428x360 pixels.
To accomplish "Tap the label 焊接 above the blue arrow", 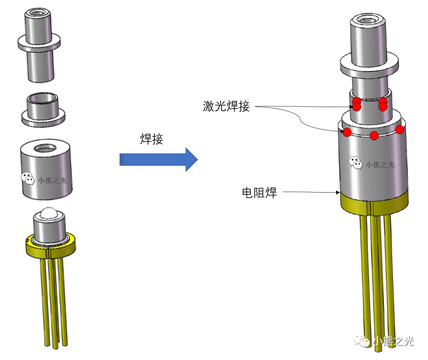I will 152,139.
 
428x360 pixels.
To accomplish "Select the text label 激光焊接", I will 226,106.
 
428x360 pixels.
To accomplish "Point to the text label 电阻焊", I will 259,192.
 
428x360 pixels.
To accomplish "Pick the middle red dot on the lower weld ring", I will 374,136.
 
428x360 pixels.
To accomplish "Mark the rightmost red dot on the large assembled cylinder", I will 400,129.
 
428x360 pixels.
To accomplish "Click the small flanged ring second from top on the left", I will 44,110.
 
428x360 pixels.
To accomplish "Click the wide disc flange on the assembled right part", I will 369,66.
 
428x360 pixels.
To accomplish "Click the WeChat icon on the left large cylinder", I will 28,179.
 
